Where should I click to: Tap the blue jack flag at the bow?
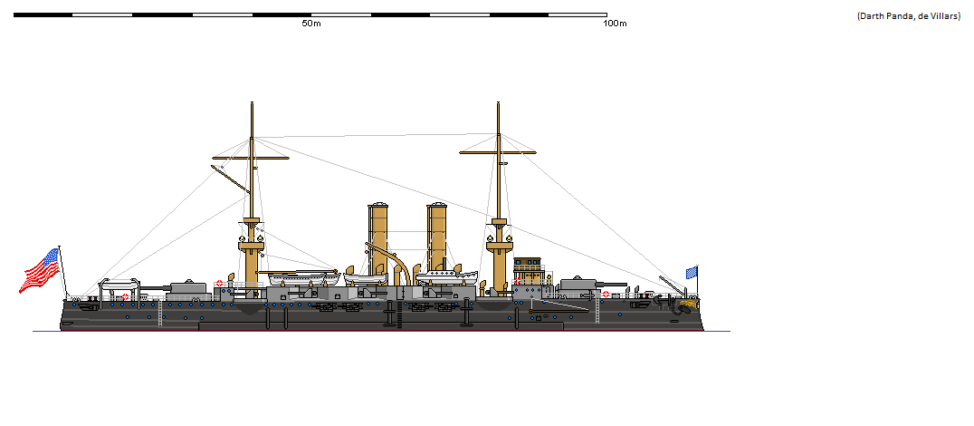[x=692, y=272]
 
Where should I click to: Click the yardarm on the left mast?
[x=251, y=158]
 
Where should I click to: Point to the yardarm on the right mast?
[x=497, y=151]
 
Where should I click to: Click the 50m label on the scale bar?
[x=311, y=24]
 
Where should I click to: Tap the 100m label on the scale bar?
[x=615, y=24]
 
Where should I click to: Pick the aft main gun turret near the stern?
[x=188, y=287]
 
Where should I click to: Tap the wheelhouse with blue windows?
[x=530, y=270]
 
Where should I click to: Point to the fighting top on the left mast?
[x=251, y=245]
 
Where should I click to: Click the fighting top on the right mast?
[x=497, y=243]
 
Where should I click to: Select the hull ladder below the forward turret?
[x=595, y=311]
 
